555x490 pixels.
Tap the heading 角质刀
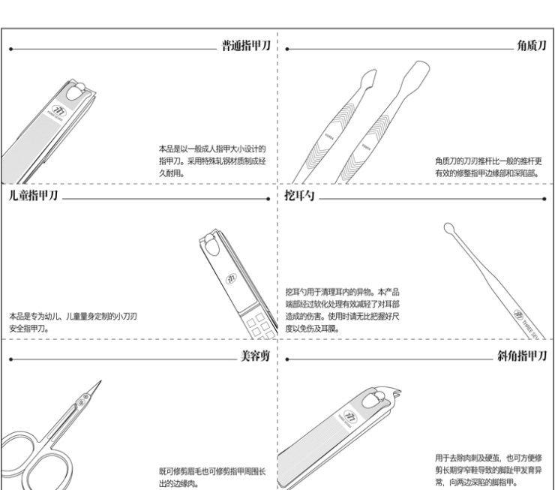(530, 47)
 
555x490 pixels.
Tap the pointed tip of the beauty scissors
(100, 383)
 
